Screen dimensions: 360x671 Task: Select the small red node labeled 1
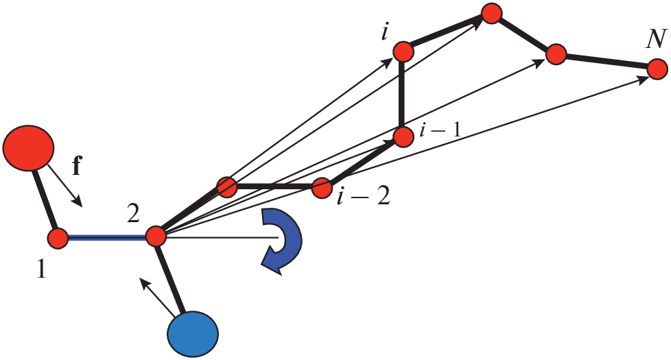tap(58, 238)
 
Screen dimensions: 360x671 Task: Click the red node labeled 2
tap(156, 237)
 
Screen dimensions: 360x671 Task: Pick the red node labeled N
tap(657, 69)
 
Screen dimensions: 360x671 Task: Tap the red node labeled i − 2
tap(322, 187)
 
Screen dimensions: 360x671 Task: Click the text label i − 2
tap(363, 197)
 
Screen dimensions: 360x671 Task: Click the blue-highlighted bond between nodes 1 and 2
tap(107, 238)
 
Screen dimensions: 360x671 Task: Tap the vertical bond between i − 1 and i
tap(403, 94)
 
